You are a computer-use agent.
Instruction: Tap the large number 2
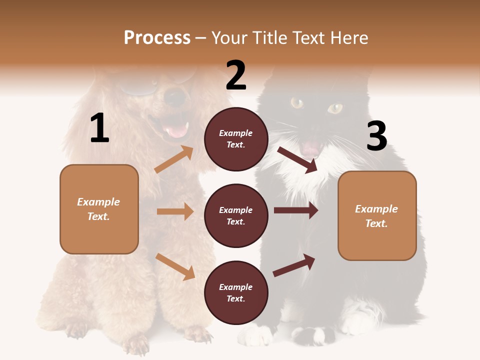[x=236, y=75]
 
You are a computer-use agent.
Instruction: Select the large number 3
[x=376, y=136]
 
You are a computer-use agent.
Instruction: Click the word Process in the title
[x=157, y=37]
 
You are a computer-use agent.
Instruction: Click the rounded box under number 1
[x=99, y=209]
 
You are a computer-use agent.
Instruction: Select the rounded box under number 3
[x=377, y=216]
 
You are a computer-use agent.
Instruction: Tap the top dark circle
[x=236, y=139]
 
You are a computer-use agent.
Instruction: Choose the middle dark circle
[x=236, y=216]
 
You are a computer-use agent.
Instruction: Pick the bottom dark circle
[x=236, y=293]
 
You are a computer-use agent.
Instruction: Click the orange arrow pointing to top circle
[x=174, y=159]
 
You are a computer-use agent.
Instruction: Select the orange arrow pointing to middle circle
[x=175, y=211]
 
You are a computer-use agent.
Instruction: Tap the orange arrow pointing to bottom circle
[x=175, y=266]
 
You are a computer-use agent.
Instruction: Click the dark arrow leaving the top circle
[x=297, y=160]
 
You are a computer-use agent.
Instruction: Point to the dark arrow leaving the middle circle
[x=296, y=210]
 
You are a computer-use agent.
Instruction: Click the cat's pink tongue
[x=310, y=148]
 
